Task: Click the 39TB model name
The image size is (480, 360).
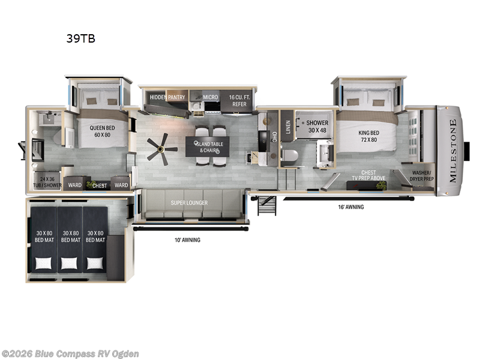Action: (81, 39)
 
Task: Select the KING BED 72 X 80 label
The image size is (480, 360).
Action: (368, 136)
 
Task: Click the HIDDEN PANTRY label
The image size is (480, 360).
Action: (167, 97)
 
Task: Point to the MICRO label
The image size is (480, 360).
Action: (209, 97)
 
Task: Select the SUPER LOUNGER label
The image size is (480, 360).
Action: (189, 203)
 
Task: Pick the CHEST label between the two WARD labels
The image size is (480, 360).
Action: (100, 185)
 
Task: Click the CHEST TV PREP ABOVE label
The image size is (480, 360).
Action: (368, 175)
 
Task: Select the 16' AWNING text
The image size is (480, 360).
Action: (350, 207)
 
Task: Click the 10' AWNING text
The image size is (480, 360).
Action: (187, 240)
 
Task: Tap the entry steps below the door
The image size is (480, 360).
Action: (266, 205)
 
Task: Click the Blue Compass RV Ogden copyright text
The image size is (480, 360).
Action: (70, 354)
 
